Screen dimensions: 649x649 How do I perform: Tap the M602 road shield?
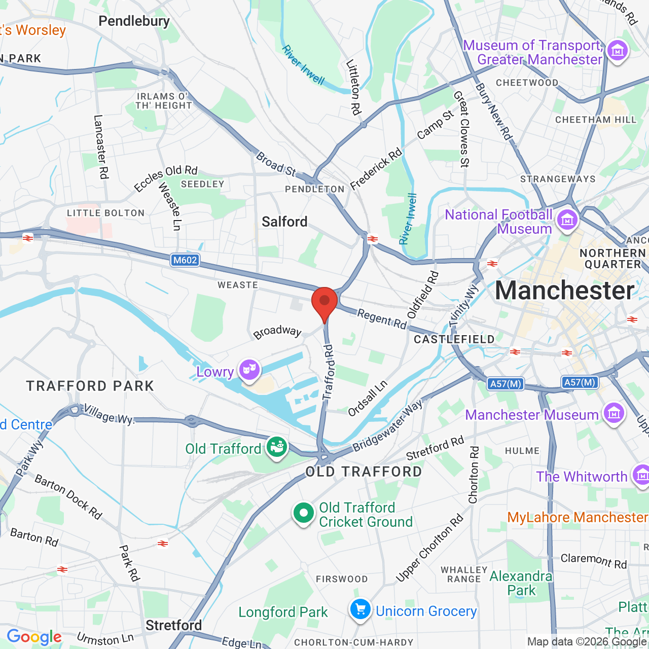point(185,260)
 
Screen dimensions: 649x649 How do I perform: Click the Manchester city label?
point(564,291)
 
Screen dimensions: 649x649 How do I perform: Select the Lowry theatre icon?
point(249,370)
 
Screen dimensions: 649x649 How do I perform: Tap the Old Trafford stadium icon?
point(277,447)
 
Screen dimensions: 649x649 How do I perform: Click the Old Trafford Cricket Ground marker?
point(303,513)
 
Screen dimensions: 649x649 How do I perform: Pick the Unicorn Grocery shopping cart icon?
point(360,609)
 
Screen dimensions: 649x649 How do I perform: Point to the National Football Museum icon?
point(567,220)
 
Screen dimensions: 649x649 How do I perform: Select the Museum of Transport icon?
point(618,51)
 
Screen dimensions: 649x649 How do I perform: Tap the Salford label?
point(284,222)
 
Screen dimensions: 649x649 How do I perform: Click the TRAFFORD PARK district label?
point(90,386)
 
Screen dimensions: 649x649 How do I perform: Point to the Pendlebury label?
point(134,21)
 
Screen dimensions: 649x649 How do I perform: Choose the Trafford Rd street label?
point(330,372)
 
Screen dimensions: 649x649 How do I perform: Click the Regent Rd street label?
point(382,319)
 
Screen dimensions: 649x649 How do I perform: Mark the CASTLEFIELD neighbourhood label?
point(454,339)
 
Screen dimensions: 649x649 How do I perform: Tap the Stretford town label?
point(173,625)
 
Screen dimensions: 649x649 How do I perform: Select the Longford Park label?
point(283,612)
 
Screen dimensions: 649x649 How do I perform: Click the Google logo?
point(34,637)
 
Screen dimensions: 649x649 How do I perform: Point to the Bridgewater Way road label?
point(387,426)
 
